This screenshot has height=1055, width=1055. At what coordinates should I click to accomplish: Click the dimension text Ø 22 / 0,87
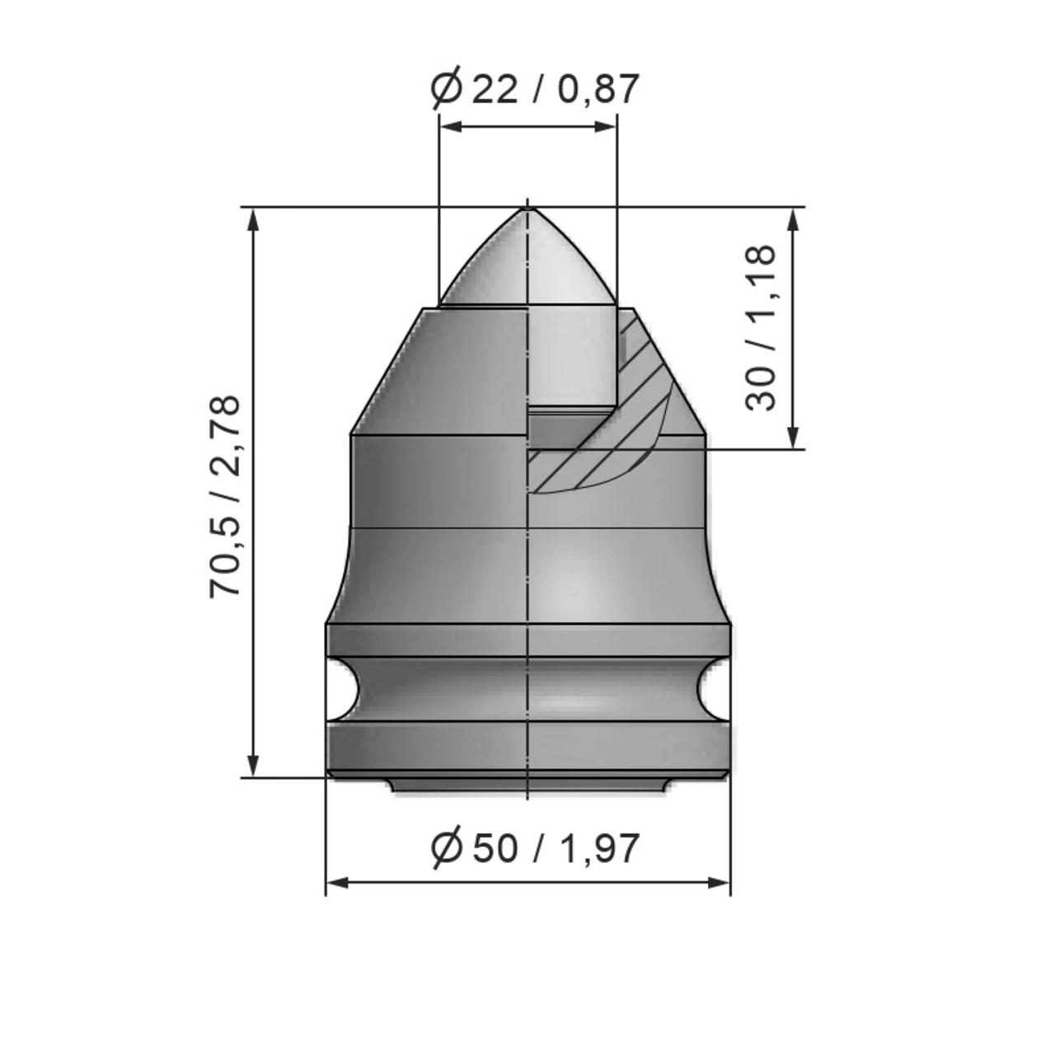[535, 89]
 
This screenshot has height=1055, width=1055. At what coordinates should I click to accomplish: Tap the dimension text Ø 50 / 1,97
[535, 848]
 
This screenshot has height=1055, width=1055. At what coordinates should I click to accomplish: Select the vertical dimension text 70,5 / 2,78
[225, 496]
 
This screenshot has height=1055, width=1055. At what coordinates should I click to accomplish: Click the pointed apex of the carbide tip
[527, 208]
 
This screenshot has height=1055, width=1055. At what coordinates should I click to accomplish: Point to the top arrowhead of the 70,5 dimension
[253, 218]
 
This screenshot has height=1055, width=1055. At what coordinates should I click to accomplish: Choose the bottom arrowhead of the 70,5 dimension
[253, 766]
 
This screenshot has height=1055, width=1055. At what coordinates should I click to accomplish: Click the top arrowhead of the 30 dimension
[793, 218]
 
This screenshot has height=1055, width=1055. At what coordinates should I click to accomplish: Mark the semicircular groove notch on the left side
[341, 688]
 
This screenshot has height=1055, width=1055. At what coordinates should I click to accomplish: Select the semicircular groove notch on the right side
[714, 688]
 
